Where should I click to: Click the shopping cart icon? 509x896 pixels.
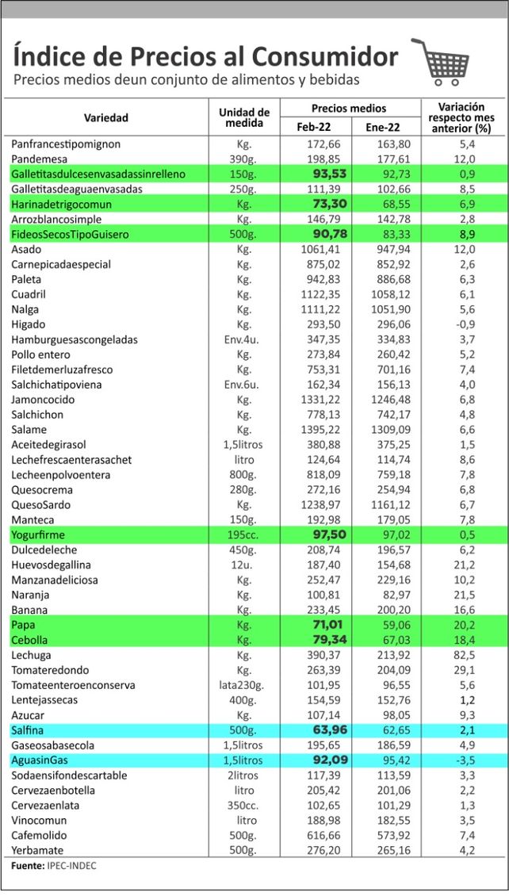click(x=440, y=61)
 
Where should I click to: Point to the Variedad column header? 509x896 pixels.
click(x=106, y=117)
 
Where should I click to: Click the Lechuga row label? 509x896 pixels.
click(x=33, y=655)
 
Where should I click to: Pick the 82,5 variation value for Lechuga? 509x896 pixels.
click(x=462, y=655)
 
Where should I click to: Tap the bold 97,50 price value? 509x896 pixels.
click(x=320, y=535)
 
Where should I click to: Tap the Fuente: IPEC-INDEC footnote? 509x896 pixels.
click(x=53, y=867)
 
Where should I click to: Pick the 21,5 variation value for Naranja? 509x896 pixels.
click(x=462, y=595)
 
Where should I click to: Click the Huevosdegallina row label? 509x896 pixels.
click(x=51, y=565)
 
